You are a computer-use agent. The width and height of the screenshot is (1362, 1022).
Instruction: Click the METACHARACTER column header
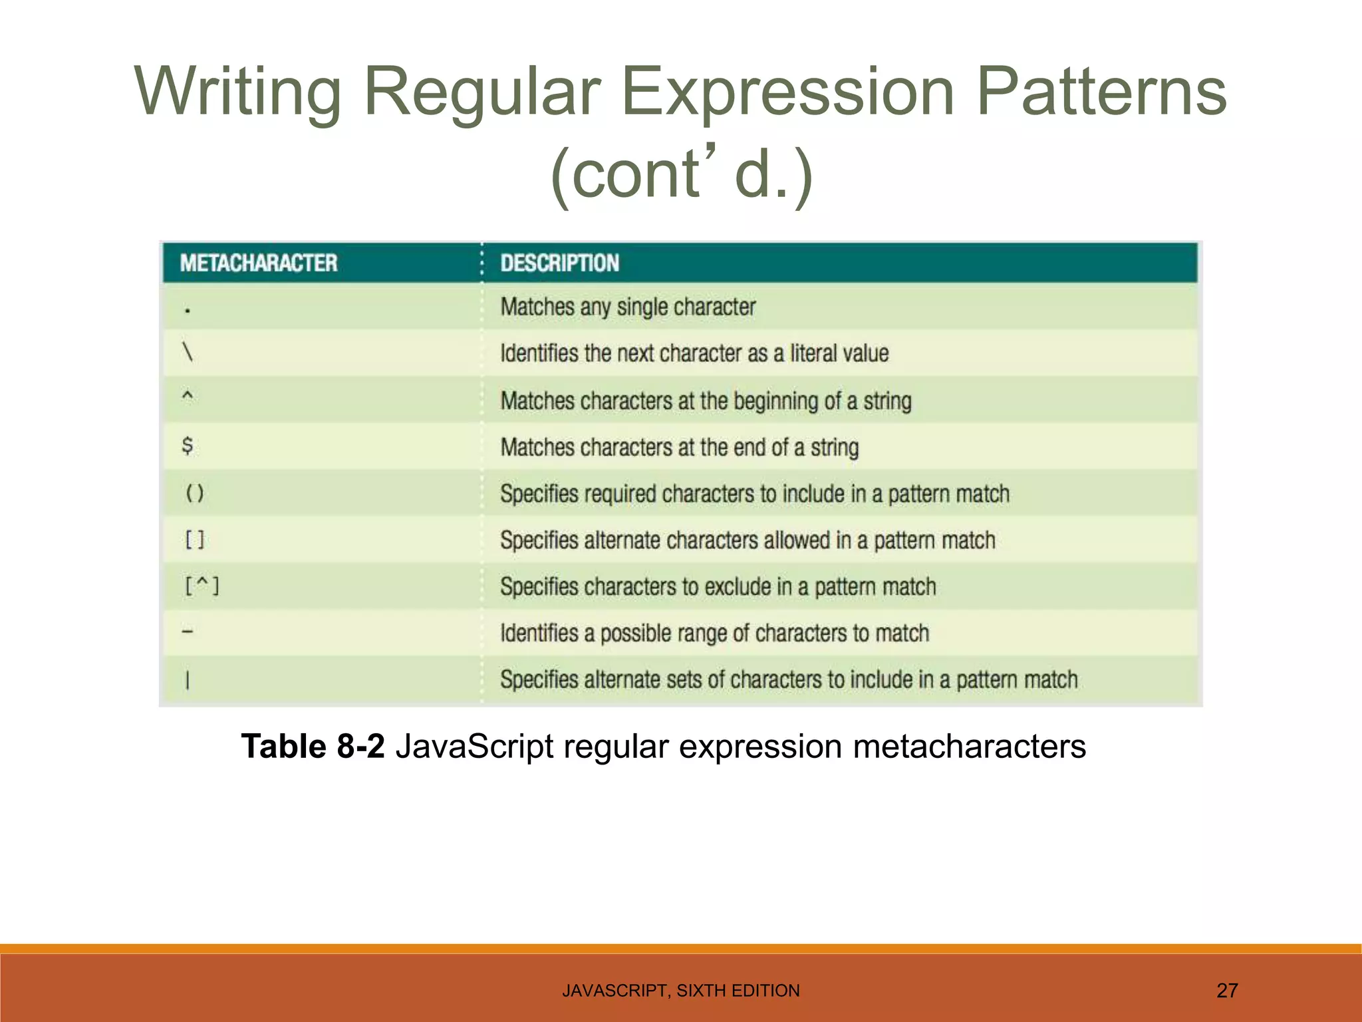pyautogui.click(x=259, y=263)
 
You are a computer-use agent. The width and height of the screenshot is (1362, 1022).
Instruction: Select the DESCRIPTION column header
pyautogui.click(x=559, y=263)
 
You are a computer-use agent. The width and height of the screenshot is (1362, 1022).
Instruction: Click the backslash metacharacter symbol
pyautogui.click(x=188, y=351)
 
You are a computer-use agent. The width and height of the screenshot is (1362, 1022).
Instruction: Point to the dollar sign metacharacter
pyautogui.click(x=188, y=445)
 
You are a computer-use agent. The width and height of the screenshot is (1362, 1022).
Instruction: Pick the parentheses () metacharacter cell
pyautogui.click(x=195, y=493)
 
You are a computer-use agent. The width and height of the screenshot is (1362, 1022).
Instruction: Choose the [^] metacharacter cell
pyautogui.click(x=202, y=586)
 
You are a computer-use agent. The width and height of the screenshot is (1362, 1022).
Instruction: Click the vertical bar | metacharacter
pyautogui.click(x=188, y=680)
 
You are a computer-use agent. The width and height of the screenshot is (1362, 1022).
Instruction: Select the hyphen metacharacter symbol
pyautogui.click(x=188, y=631)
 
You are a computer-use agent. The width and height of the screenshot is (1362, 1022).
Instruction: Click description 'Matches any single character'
pyautogui.click(x=628, y=307)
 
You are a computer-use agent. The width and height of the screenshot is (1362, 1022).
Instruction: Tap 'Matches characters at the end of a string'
pyautogui.click(x=679, y=447)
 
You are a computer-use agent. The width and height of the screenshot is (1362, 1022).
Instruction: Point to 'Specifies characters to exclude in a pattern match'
pyautogui.click(x=718, y=587)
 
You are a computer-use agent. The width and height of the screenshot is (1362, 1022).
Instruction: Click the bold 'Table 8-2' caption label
pyautogui.click(x=313, y=746)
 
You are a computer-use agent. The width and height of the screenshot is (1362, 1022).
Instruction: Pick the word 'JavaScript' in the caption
pyautogui.click(x=474, y=746)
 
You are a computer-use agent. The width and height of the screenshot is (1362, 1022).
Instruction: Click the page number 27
pyautogui.click(x=1227, y=991)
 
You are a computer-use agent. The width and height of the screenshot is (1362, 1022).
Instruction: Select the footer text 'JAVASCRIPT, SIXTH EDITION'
pyautogui.click(x=681, y=991)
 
